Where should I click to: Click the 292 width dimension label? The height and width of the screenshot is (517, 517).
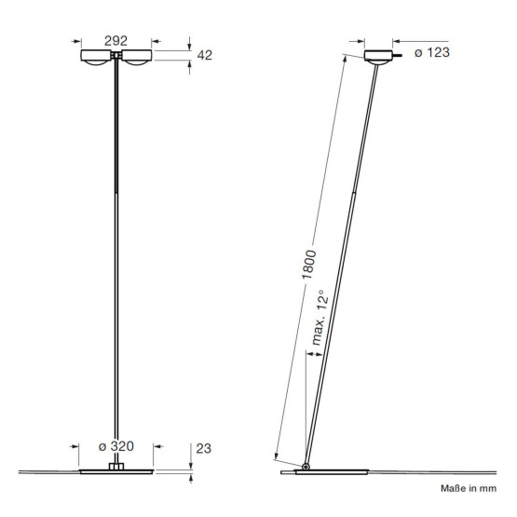pos(116,41)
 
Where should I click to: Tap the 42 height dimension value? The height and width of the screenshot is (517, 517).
pos(204,55)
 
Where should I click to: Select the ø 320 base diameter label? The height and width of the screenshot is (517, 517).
pos(116,446)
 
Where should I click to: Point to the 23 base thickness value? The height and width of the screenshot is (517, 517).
pos(203,448)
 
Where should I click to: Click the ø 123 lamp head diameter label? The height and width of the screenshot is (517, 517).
pos(432,52)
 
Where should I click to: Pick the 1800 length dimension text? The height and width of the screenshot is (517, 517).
pos(309,265)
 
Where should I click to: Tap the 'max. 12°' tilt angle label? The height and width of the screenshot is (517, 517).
pos(320,318)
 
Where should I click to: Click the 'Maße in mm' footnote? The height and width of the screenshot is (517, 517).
pos(469,488)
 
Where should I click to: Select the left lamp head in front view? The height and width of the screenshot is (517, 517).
pos(96,57)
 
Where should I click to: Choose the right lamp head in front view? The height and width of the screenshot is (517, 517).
pos(137,57)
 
